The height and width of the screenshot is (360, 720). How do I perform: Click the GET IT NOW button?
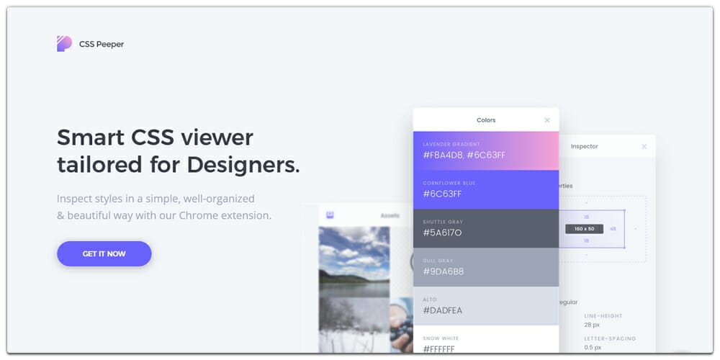click(104, 254)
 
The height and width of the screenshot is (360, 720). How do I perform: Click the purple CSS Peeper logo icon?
click(64, 44)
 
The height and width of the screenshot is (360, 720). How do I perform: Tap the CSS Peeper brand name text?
click(102, 45)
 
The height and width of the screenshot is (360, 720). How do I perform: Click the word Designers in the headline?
click(243, 165)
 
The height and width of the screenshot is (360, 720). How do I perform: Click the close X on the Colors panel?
click(547, 120)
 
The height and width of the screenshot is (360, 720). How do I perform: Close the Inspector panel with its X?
click(644, 147)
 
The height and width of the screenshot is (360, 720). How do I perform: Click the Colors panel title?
click(486, 120)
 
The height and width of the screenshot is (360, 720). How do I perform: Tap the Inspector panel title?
click(584, 147)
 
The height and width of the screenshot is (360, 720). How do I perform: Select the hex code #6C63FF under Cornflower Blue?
click(442, 194)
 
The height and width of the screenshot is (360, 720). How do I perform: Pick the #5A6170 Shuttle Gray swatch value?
click(443, 233)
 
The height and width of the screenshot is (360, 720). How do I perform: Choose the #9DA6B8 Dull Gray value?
click(444, 271)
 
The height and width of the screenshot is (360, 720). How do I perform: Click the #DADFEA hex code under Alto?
click(443, 310)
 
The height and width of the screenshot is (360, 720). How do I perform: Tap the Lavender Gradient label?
click(451, 144)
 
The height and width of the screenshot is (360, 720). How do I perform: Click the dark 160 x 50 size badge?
click(584, 228)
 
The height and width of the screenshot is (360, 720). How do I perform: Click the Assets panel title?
click(390, 215)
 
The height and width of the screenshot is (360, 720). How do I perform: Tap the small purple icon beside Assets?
click(330, 215)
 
